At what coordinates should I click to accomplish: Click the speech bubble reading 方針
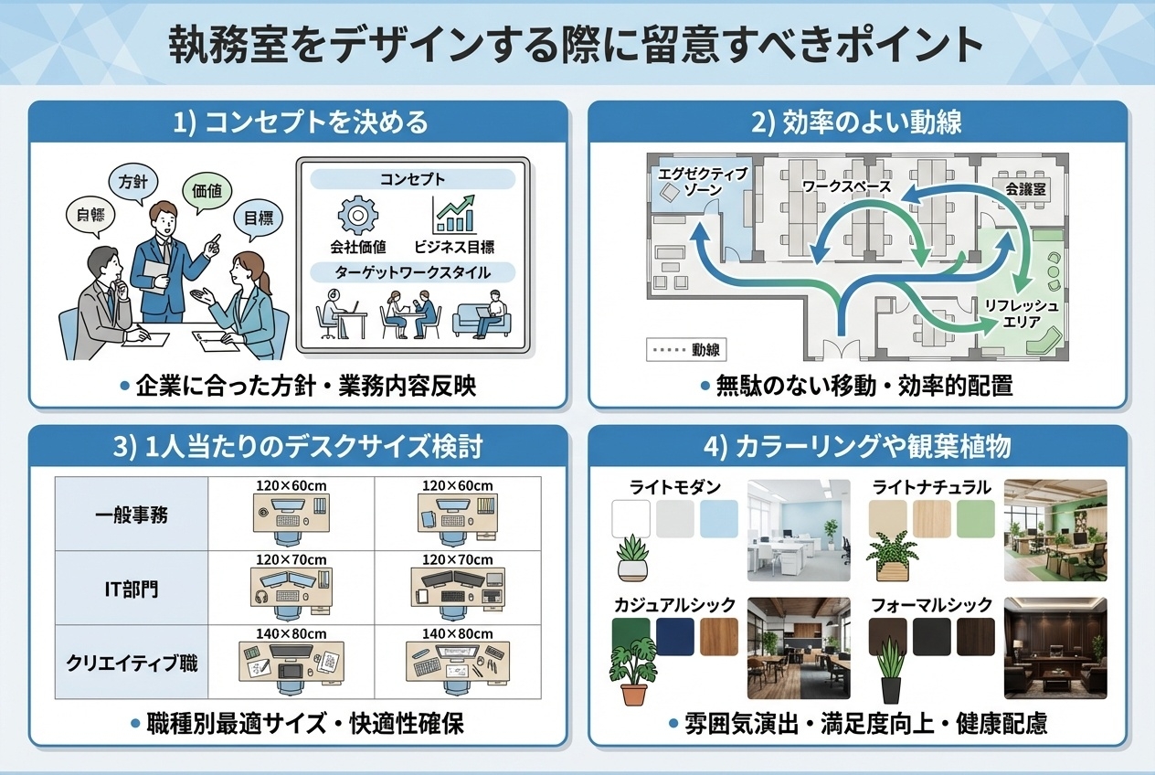[132, 181]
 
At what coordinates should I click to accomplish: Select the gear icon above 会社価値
[357, 215]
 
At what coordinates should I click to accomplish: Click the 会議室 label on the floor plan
[1024, 188]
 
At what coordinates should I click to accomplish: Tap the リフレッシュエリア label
[1021, 313]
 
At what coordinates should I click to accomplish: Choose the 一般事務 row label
[132, 515]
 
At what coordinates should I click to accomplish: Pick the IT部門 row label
[132, 589]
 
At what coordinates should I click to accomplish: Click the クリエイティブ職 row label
[132, 663]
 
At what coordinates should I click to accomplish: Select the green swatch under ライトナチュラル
[975, 519]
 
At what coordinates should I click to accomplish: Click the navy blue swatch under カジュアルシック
[674, 636]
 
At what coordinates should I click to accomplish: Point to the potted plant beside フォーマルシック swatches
[889, 671]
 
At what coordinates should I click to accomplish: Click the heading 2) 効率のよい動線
[856, 122]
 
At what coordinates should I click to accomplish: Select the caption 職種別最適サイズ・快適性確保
[297, 724]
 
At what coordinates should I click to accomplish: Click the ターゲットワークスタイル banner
[413, 272]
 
